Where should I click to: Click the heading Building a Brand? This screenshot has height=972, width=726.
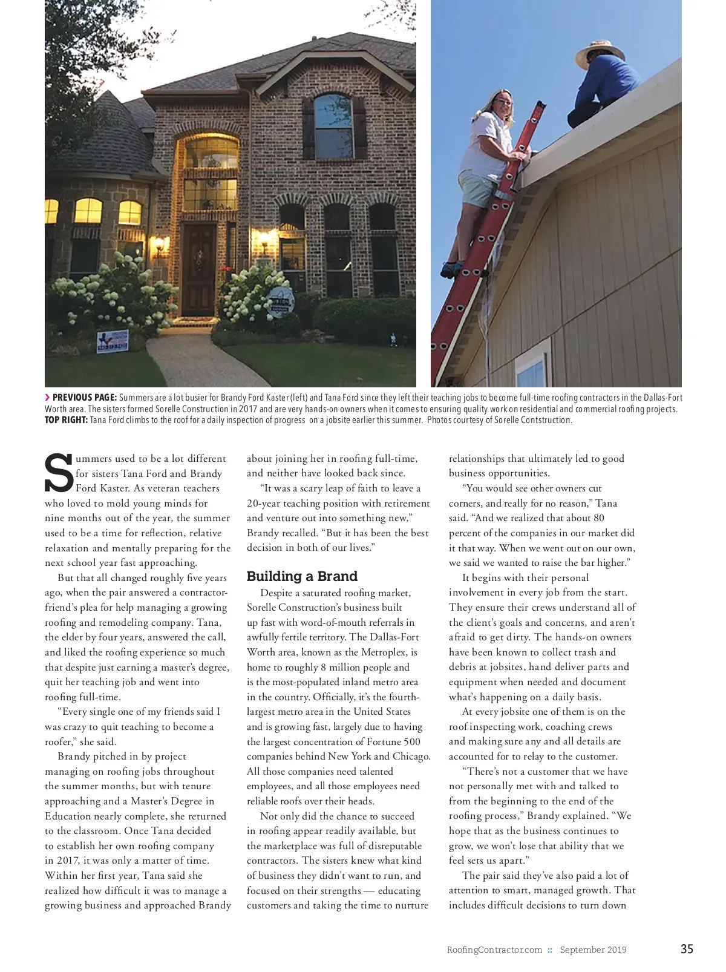tap(302, 576)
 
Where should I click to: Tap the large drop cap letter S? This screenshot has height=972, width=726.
tap(59, 473)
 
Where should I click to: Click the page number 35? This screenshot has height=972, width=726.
tap(687, 949)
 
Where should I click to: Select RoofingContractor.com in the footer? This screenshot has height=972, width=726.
tap(494, 950)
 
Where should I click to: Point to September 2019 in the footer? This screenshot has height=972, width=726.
tap(593, 950)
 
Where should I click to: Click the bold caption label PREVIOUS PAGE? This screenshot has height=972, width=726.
tap(84, 398)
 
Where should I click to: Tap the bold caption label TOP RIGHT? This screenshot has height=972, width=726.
tap(66, 420)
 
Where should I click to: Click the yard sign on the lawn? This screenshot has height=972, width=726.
tap(113, 341)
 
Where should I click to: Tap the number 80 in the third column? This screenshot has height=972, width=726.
tap(598, 518)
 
